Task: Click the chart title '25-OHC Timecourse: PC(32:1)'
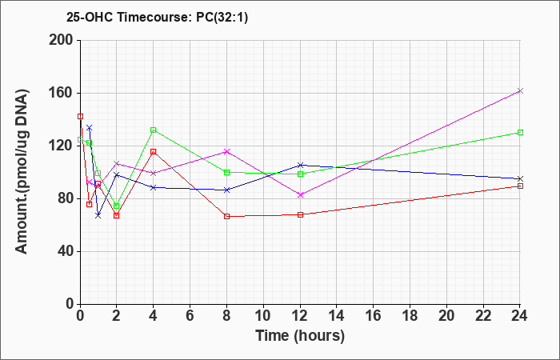click(x=157, y=18)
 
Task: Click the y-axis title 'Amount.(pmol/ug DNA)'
click(x=22, y=172)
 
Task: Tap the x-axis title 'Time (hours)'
click(x=300, y=336)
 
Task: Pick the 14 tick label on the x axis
click(x=337, y=316)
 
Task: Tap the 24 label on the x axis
click(x=520, y=316)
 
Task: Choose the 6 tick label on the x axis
click(x=190, y=316)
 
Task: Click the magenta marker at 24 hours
click(x=520, y=90)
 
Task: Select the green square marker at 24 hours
click(x=520, y=133)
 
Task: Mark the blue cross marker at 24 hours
click(x=520, y=178)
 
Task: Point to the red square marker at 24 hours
click(x=520, y=186)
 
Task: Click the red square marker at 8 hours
click(x=226, y=217)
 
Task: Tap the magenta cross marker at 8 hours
click(x=226, y=151)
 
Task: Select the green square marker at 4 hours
click(x=154, y=130)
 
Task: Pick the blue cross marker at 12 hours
click(x=300, y=165)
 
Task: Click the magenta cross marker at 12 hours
click(x=300, y=195)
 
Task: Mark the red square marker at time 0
click(x=80, y=117)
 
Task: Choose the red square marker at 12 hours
click(x=300, y=214)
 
